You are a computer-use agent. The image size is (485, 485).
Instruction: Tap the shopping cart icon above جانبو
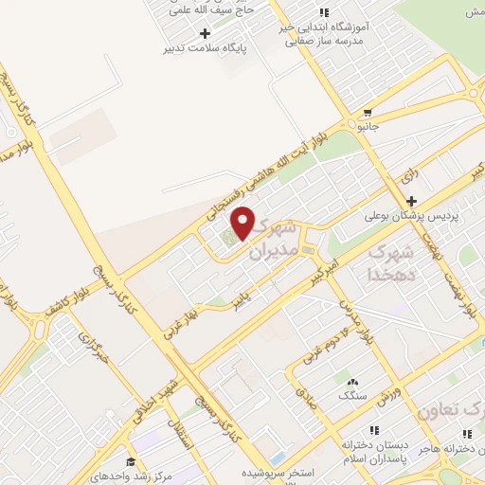click(366, 110)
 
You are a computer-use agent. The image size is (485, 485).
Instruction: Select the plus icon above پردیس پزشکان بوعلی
click(411, 201)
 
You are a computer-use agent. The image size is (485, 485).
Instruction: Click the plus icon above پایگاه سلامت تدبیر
click(206, 33)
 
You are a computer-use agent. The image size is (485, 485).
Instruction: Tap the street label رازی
click(408, 175)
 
